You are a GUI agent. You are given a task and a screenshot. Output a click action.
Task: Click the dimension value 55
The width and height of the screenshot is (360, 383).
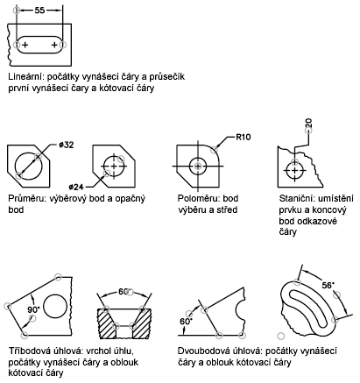click(39, 11)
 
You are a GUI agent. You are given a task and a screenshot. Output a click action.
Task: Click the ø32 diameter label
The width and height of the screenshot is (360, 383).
click(66, 145)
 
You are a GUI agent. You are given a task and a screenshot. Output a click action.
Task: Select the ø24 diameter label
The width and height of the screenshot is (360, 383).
click(76, 187)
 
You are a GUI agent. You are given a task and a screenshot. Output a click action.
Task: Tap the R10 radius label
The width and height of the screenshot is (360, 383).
click(243, 137)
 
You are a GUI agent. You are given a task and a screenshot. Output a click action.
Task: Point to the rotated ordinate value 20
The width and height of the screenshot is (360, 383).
click(308, 123)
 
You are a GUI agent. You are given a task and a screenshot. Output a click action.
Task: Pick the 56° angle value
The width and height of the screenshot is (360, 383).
click(328, 285)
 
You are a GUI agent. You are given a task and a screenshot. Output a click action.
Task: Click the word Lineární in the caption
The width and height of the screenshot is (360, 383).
click(26, 77)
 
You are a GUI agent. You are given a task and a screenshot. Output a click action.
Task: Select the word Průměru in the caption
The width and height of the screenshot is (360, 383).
click(26, 199)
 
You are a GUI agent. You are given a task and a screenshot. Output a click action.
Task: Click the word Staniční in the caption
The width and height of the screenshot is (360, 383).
click(297, 199)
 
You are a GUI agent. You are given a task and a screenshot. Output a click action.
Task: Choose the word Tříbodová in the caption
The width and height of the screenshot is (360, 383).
click(30, 351)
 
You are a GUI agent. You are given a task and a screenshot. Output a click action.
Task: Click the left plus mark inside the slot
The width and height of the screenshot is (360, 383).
click(25, 45)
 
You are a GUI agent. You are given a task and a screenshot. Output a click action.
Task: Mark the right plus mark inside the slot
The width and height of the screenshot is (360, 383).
click(54, 45)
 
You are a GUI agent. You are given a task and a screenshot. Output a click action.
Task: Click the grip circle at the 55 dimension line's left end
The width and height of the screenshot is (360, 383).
click(17, 11)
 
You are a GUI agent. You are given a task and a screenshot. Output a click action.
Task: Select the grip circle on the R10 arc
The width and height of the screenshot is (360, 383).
click(215, 150)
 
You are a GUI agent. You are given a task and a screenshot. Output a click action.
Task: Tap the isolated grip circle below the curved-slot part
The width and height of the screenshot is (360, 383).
click(280, 336)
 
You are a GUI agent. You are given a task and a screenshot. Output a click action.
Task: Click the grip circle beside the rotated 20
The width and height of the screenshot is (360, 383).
click(308, 131)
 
